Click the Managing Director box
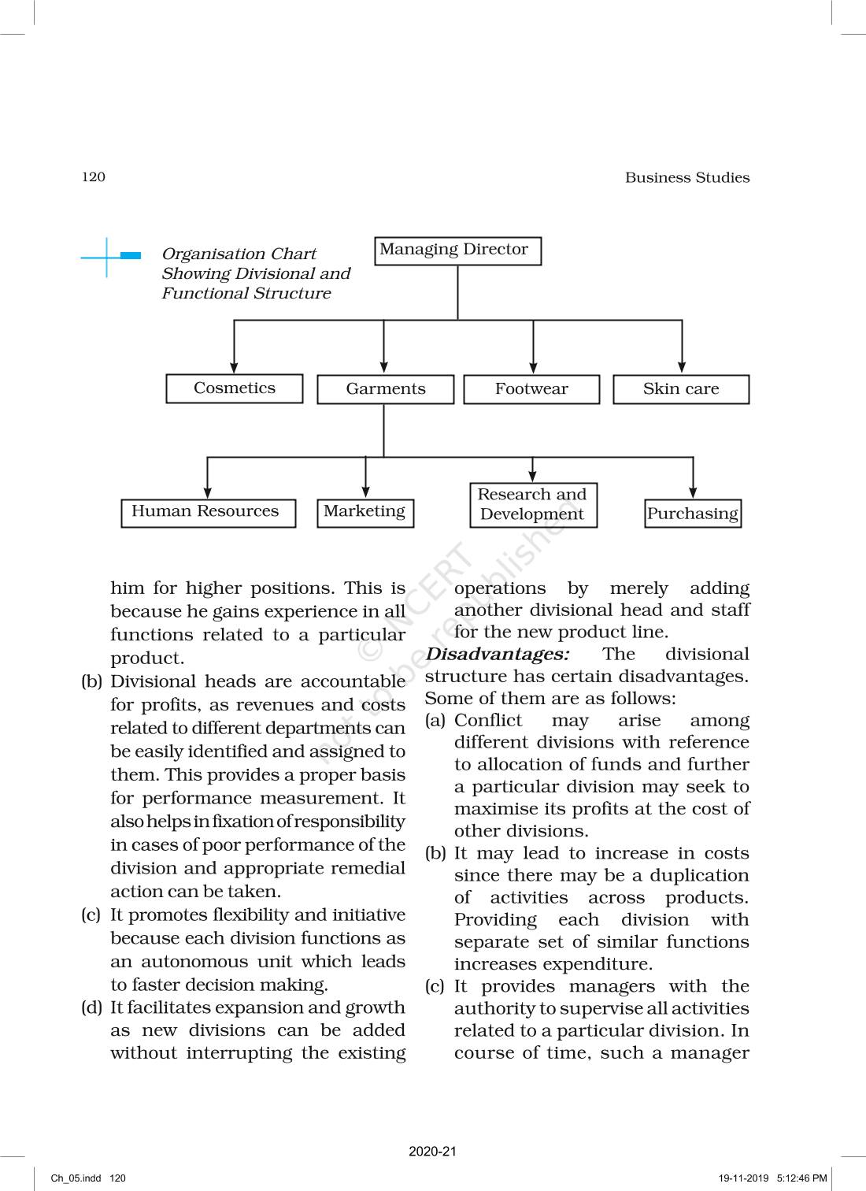(457, 250)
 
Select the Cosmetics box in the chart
(235, 388)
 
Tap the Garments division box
(385, 389)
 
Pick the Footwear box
(531, 389)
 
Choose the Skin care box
(681, 389)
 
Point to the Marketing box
(365, 513)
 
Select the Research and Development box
(532, 505)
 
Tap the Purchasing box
(693, 514)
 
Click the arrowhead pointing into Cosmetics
(234, 367)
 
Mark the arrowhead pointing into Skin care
(682, 367)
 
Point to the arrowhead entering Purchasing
(693, 492)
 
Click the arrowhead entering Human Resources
(208, 492)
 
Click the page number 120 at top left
(93, 177)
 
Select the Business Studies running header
(687, 178)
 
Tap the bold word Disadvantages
(497, 655)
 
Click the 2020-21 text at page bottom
(432, 1151)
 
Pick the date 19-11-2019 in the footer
(743, 1178)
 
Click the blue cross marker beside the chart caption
(108, 256)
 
